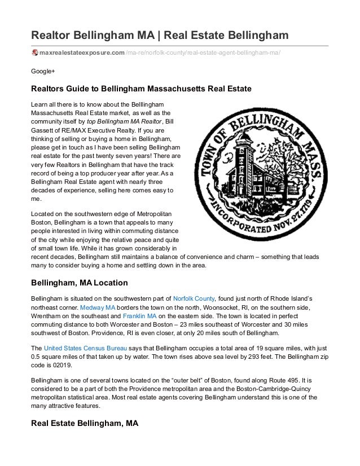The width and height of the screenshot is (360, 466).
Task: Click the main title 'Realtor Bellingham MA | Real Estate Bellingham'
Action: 160,37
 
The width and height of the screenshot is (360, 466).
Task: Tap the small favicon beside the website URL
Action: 34,53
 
